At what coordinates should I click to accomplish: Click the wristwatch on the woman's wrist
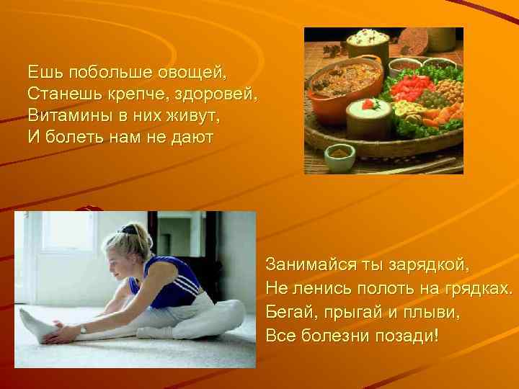pyautogui.click(x=83, y=329)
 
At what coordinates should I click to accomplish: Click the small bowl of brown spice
pyautogui.click(x=340, y=154)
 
